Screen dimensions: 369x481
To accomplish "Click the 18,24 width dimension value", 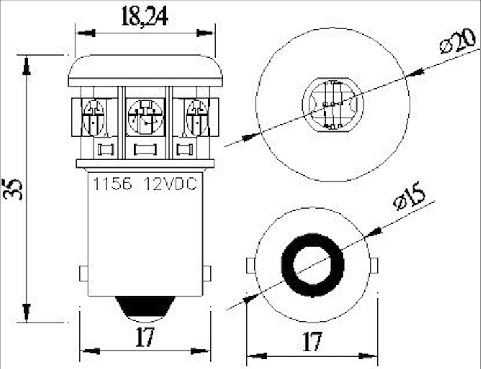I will click(145, 16).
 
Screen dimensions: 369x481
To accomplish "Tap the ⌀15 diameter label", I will click(408, 197).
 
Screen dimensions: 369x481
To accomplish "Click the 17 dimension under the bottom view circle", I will click(311, 341).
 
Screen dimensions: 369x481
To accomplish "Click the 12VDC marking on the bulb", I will click(170, 184).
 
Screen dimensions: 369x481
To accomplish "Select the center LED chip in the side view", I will click(145, 116).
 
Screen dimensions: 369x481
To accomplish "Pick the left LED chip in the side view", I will click(93, 116).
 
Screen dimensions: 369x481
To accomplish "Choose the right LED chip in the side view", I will click(196, 116).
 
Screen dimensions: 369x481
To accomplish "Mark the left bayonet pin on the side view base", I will click(84, 274).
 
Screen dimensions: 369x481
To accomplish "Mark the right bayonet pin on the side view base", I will click(206, 274).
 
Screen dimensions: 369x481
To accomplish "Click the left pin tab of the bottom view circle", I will click(251, 264).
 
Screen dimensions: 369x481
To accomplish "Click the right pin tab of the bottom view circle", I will click(374, 264).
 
